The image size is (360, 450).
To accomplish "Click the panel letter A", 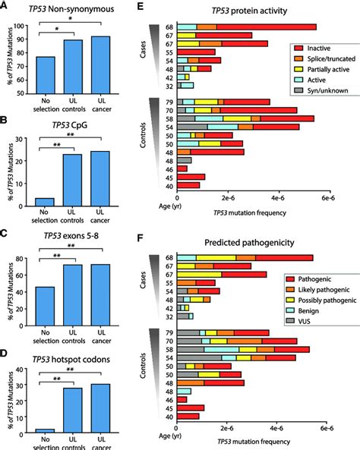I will [x=6, y=6].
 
